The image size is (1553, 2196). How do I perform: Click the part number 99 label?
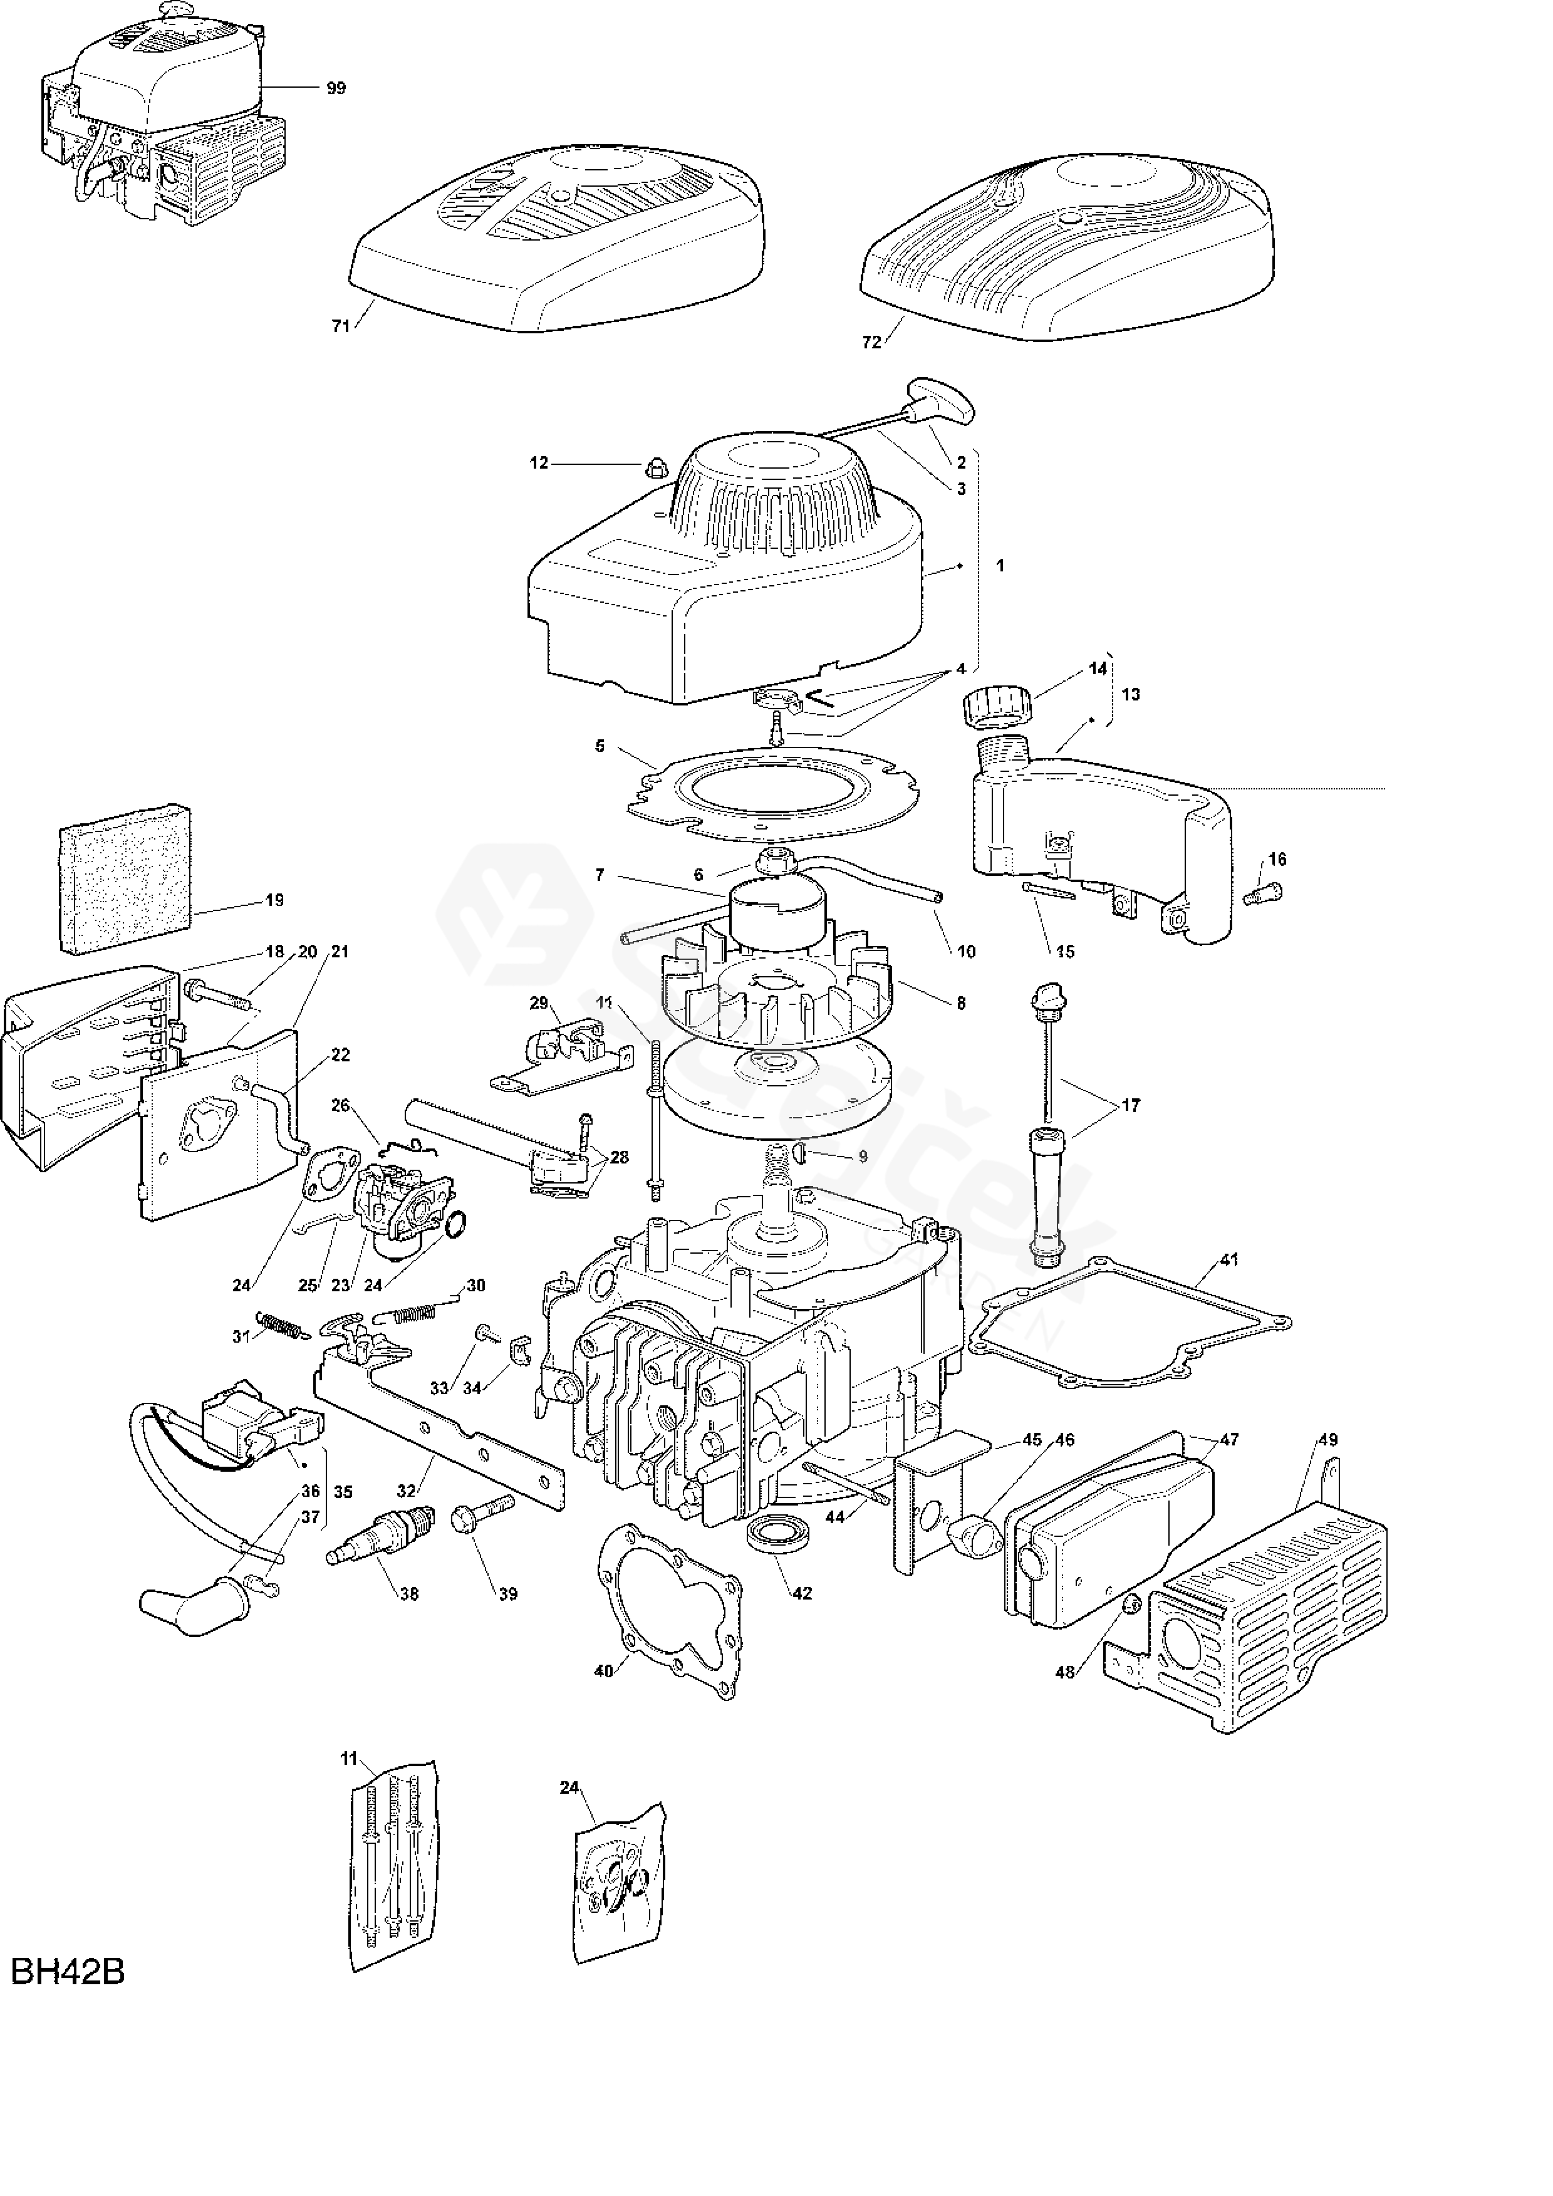point(336,88)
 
